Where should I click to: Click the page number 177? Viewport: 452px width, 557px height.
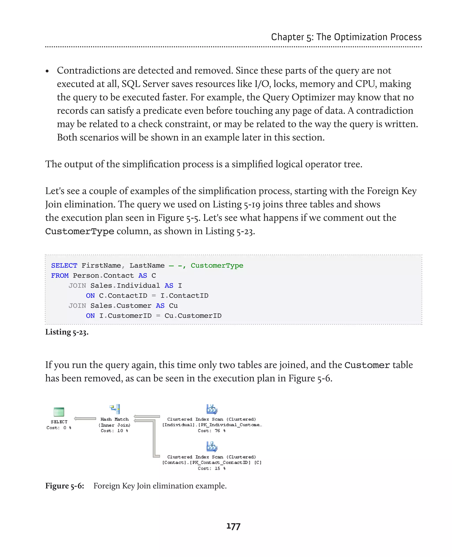[233, 526]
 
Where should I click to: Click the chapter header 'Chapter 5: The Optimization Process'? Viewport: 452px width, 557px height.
[346, 37]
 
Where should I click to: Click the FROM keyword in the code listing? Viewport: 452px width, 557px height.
[60, 275]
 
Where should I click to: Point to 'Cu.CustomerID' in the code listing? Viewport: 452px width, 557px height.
[193, 316]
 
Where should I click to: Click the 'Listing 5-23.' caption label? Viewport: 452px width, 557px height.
[67, 332]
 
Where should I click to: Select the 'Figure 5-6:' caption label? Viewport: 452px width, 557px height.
[65, 486]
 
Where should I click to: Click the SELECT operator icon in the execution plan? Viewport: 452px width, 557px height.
[59, 412]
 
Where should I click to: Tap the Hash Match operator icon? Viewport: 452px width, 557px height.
[115, 409]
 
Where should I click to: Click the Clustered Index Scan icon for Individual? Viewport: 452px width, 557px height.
[212, 409]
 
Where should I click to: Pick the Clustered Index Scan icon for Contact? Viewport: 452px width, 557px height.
[212, 447]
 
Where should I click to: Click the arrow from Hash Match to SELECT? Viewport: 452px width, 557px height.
[85, 419]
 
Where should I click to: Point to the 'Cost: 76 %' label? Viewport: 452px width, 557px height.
[211, 431]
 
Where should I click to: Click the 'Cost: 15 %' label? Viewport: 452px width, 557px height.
[211, 468]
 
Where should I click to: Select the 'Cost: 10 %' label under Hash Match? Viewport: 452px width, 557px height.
[114, 431]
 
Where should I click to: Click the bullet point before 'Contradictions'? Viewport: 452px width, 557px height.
[47, 71]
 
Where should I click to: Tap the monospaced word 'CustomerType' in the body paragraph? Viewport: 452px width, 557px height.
[80, 231]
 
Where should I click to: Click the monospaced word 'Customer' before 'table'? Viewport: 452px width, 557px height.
[367, 365]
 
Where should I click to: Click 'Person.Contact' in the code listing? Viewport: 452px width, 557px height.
[103, 275]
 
